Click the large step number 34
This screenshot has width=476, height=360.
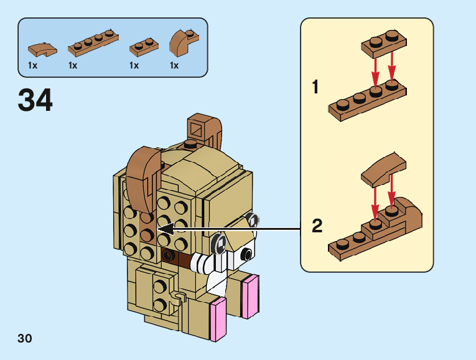tap(35, 101)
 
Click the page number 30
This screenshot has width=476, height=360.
tap(25, 339)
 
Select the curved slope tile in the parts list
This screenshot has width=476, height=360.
tap(42, 48)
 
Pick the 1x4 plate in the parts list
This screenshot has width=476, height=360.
tap(93, 42)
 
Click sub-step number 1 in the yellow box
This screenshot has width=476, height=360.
tap(315, 88)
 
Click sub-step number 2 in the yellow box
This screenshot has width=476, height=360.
tap(317, 226)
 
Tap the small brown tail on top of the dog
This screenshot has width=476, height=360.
tap(202, 129)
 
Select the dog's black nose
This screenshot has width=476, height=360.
tap(247, 253)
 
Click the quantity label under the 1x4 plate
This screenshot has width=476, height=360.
tap(73, 65)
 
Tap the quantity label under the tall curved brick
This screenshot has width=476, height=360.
tap(174, 65)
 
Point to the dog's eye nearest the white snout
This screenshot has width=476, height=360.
tap(220, 244)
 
